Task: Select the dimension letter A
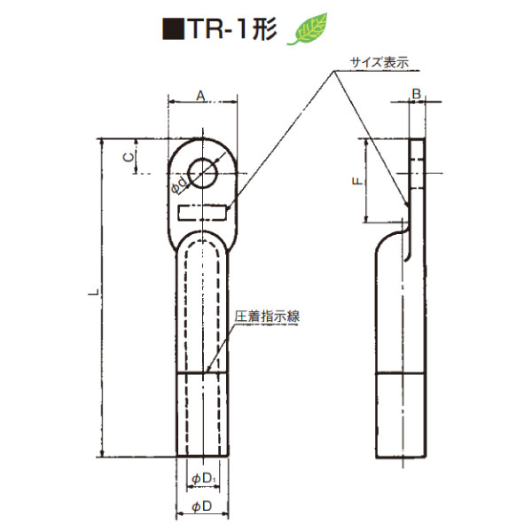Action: click(200, 94)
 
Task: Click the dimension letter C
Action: click(127, 157)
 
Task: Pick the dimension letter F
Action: click(356, 181)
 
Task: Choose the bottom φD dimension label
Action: click(202, 507)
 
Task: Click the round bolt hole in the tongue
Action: click(204, 171)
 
